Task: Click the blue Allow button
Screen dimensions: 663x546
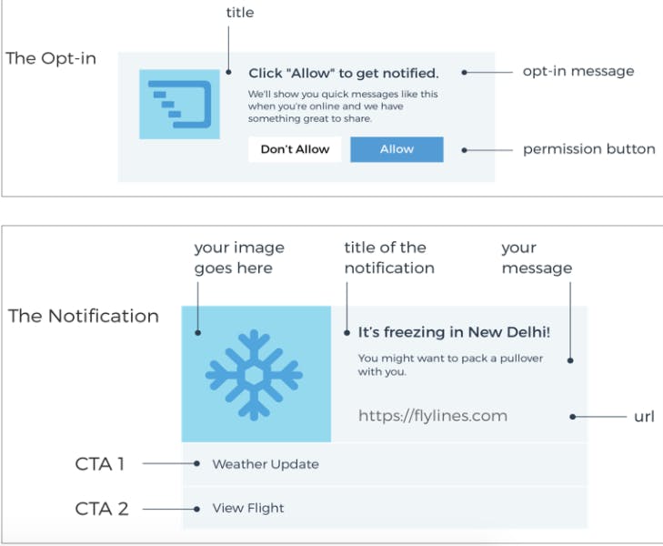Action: (397, 149)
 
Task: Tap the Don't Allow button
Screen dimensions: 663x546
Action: (295, 149)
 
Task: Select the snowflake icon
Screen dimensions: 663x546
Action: (254, 375)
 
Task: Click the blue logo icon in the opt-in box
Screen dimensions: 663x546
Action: (179, 104)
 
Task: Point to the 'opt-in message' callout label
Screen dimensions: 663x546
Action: (578, 72)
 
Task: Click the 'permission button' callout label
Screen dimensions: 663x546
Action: (589, 149)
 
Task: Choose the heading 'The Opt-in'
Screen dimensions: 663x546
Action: (51, 58)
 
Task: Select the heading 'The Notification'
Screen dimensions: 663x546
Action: (84, 316)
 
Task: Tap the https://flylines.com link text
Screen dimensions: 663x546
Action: (433, 416)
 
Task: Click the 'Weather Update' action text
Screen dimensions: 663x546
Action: (266, 464)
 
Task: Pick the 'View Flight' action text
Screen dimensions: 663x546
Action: (248, 508)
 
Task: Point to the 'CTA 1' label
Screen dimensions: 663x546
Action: (100, 464)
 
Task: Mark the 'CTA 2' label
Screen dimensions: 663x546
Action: (102, 509)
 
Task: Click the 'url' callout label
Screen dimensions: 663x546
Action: (644, 417)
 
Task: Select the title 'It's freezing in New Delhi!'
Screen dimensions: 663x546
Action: (454, 332)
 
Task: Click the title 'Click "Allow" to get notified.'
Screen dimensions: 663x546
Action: (344, 73)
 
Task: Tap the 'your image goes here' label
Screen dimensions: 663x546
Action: (239, 258)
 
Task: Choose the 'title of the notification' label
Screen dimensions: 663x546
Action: (389, 258)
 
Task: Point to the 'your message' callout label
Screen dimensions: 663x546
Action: (537, 258)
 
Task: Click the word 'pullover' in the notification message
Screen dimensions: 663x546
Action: (521, 359)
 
